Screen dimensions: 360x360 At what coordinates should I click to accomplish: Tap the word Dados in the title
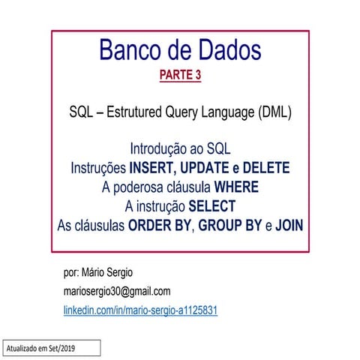[224, 51]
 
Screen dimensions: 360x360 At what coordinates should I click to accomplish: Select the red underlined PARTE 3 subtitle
[180, 75]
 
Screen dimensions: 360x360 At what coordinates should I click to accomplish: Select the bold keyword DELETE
[262, 167]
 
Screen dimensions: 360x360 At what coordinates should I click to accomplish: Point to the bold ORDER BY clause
[160, 223]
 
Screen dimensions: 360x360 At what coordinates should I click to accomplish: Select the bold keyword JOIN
[289, 223]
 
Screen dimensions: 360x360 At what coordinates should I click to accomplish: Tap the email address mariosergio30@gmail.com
[117, 291]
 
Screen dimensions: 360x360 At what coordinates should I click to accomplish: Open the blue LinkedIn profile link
[140, 310]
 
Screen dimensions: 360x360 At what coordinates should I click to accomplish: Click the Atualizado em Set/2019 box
[50, 349]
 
